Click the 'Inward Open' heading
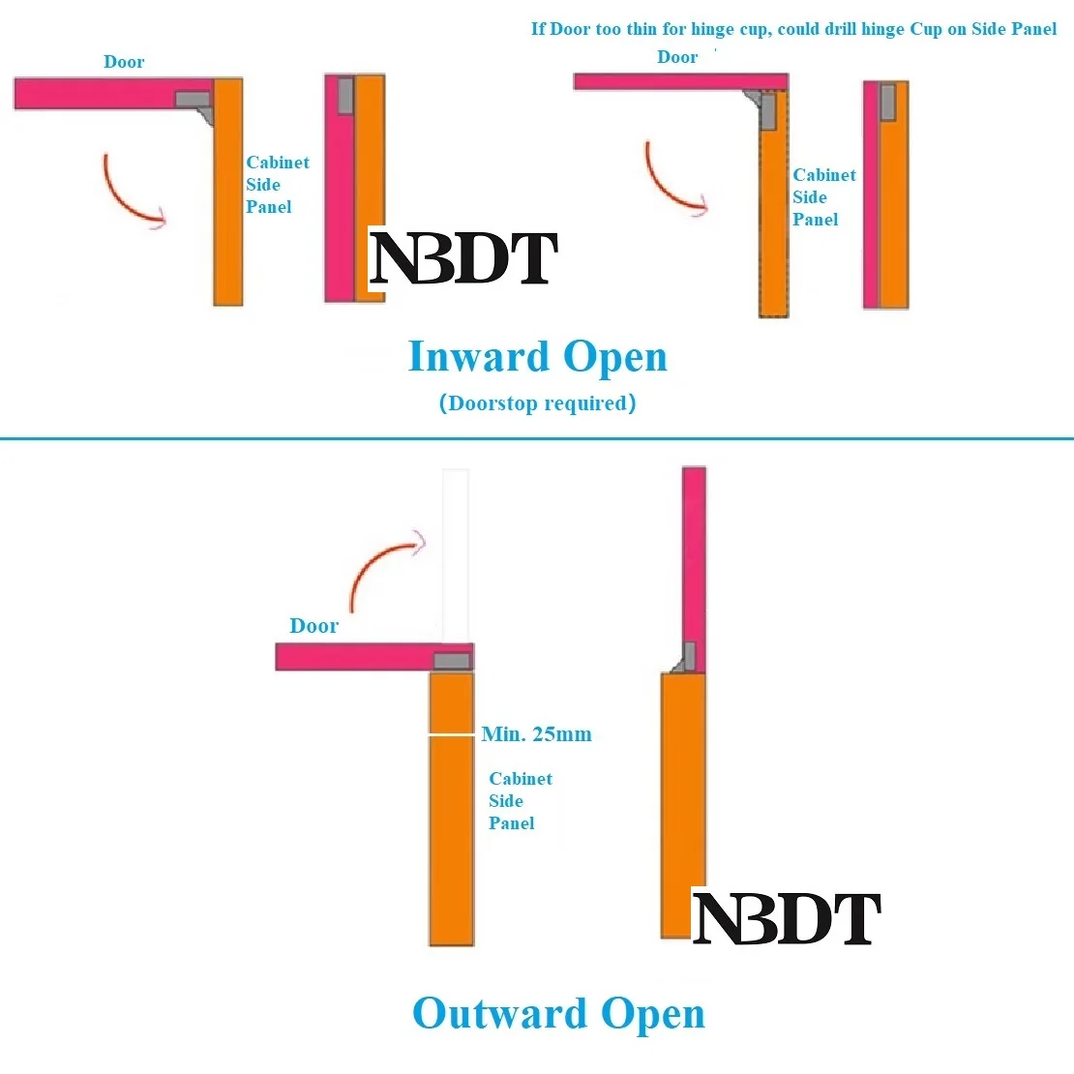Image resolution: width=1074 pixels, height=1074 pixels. coord(538,357)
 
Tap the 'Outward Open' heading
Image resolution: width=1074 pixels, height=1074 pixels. coord(558,1014)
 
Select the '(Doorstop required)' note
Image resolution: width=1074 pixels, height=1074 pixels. coord(538,403)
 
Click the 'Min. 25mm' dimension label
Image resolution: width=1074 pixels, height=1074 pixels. coord(536,734)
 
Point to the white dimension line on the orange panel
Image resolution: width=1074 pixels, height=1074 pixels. coord(452,735)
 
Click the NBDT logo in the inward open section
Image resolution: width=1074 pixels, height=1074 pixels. coord(463,259)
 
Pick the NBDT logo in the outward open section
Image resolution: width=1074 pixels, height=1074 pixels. coord(786,919)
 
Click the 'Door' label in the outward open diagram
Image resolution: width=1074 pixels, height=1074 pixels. coord(313,626)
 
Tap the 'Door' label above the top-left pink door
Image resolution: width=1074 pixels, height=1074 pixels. coord(124,62)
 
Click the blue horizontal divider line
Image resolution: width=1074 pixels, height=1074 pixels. coord(537,438)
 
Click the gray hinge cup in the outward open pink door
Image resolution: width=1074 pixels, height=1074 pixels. coord(452,662)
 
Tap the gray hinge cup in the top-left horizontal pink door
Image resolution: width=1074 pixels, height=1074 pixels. coord(193,99)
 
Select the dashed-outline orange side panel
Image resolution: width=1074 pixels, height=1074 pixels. coord(774,223)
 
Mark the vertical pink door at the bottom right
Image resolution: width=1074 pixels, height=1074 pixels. coord(694,552)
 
